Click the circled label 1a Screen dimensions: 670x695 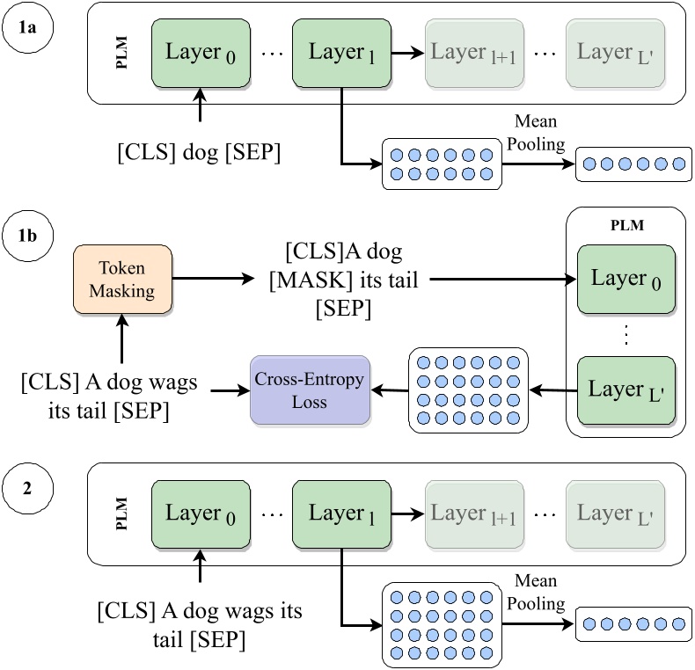click(29, 29)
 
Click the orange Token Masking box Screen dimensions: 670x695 click(122, 280)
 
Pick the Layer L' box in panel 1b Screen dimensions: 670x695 click(625, 390)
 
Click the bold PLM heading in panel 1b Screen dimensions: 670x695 click(625, 226)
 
